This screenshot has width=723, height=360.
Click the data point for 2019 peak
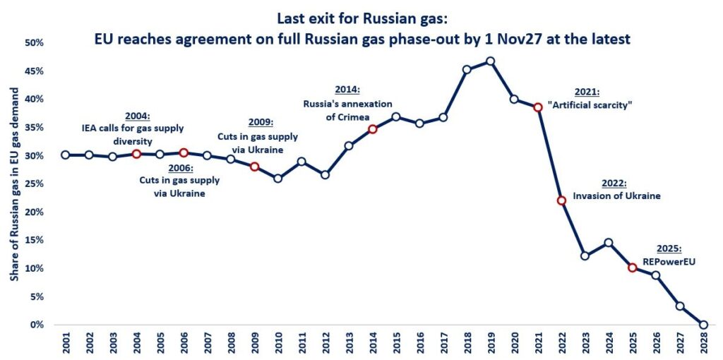click(490, 61)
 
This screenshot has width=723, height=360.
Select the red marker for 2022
click(561, 200)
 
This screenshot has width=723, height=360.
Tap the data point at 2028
click(703, 325)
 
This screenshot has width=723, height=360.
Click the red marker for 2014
click(372, 129)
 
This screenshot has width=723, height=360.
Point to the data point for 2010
click(277, 178)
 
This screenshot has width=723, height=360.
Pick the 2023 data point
click(585, 256)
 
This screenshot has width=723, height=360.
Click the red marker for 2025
click(632, 268)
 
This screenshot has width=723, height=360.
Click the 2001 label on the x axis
click(65, 345)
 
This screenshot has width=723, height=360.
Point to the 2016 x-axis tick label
click(419, 345)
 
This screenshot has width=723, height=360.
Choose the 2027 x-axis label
click(679, 345)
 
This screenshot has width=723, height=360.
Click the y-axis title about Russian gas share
click(13, 184)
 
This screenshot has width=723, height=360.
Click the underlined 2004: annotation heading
click(138, 116)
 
